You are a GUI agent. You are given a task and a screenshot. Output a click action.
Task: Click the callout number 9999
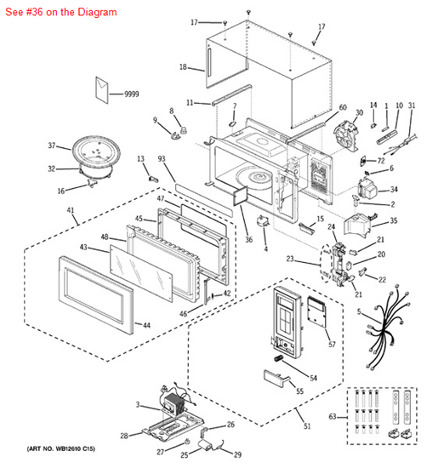[x=131, y=94]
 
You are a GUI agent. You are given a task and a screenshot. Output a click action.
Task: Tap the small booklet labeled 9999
[x=105, y=89]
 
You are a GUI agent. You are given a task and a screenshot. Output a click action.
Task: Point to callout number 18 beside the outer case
[x=183, y=66]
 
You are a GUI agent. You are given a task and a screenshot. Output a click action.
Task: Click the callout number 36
[x=248, y=240]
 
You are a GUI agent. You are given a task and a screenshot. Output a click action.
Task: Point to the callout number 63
[x=333, y=417]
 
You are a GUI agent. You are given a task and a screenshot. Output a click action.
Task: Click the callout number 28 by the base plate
[x=124, y=435]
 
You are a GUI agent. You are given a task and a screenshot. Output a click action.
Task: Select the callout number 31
[x=412, y=106]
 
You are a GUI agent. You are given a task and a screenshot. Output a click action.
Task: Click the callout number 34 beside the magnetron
[x=393, y=189]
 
